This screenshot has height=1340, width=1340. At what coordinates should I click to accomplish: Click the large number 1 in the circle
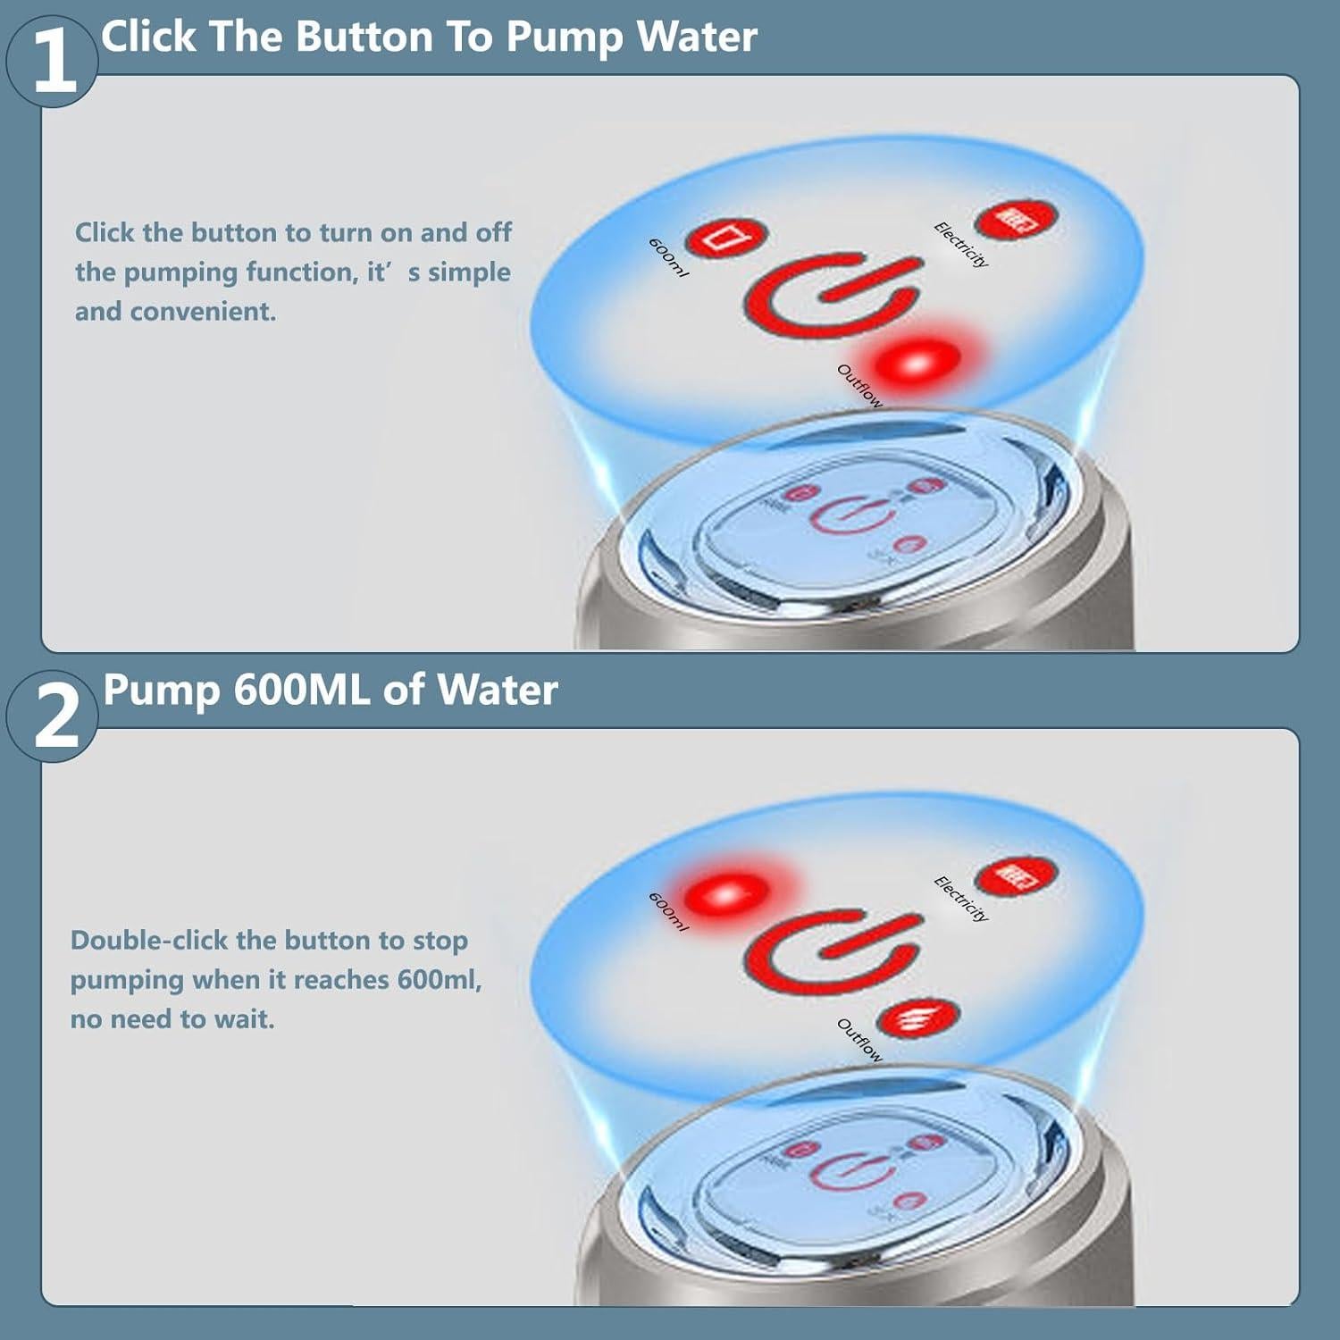click(x=54, y=61)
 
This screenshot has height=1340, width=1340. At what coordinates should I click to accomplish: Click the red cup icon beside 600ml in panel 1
click(x=725, y=239)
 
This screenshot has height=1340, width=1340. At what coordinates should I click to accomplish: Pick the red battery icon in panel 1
click(x=1016, y=220)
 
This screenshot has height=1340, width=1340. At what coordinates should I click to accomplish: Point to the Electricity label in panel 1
click(x=961, y=244)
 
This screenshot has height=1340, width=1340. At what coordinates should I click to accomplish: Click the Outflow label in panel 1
click(x=859, y=386)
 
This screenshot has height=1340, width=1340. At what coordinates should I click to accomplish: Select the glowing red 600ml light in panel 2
click(x=726, y=893)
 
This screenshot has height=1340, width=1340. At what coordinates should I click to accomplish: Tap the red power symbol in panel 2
click(x=831, y=952)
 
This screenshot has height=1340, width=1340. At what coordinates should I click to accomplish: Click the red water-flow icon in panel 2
click(x=917, y=1019)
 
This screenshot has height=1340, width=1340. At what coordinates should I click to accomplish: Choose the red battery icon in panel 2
click(x=1016, y=876)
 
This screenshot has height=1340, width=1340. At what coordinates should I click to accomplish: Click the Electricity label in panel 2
click(x=961, y=899)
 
